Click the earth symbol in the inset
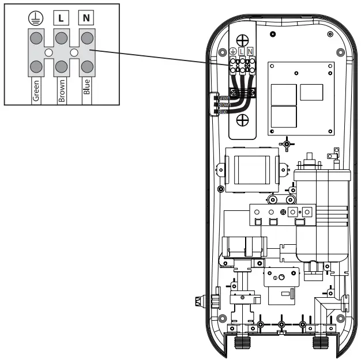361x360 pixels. coord(36,18)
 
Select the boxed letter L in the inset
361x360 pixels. coord(61,18)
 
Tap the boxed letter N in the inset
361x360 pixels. coord(87,18)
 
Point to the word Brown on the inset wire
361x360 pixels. coord(62,91)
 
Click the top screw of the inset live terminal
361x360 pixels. coord(61,38)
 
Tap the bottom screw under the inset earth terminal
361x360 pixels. coord(36,65)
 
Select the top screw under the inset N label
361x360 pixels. coord(87,38)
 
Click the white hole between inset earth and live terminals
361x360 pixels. coord(48,52)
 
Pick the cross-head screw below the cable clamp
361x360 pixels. coord(243,121)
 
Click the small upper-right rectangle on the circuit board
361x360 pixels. coord(312,92)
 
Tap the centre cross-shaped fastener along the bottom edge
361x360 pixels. coord(281,326)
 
